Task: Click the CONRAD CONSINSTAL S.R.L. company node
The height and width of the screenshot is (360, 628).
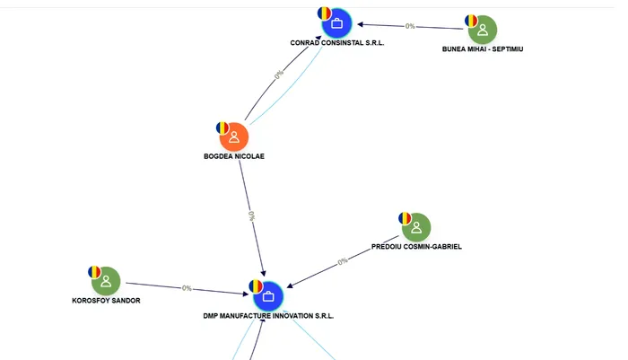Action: click(x=337, y=23)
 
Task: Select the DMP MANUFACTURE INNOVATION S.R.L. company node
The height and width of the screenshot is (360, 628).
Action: click(x=267, y=296)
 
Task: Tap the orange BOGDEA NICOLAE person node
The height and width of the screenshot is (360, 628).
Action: click(x=233, y=137)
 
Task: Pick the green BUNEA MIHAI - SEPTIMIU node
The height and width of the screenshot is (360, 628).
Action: click(x=483, y=30)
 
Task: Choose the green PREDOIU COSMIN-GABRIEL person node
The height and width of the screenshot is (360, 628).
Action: click(x=415, y=227)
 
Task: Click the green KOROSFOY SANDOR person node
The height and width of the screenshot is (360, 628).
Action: click(x=106, y=281)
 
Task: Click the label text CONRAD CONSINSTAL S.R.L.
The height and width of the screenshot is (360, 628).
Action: click(x=337, y=43)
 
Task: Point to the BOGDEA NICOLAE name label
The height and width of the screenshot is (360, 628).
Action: click(x=234, y=156)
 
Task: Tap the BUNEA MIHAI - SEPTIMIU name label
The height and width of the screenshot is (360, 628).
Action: click(x=483, y=48)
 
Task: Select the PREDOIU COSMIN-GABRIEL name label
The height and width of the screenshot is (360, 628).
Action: click(x=416, y=246)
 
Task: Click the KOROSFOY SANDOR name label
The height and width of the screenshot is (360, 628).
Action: click(x=106, y=300)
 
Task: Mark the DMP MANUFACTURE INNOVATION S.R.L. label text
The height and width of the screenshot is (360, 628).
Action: click(x=268, y=316)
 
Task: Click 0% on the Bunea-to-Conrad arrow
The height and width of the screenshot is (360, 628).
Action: click(x=410, y=26)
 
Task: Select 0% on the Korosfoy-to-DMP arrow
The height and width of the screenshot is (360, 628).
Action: click(x=187, y=288)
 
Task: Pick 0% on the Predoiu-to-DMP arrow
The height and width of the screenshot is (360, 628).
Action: click(x=343, y=261)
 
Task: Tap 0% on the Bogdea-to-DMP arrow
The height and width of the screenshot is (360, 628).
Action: click(x=252, y=216)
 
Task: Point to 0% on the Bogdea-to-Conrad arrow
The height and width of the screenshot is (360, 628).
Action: click(x=279, y=75)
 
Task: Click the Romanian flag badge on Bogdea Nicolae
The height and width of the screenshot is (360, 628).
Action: click(x=222, y=127)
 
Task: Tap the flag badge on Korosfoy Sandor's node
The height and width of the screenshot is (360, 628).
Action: click(x=94, y=271)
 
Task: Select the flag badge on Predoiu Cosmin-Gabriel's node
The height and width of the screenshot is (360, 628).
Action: click(x=405, y=217)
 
